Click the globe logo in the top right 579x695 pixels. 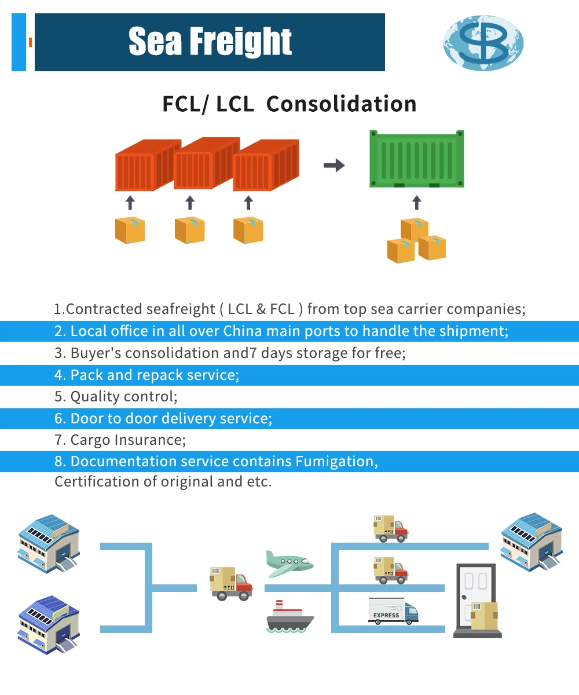483,43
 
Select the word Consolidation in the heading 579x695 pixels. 341,104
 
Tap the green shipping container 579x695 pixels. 416,159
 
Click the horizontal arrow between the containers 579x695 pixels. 334,166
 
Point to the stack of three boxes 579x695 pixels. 416,240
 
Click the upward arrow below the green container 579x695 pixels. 416,202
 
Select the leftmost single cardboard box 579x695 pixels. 130,229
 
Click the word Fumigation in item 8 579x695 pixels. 336,462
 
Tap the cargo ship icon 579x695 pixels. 289,617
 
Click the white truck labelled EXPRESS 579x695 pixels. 393,612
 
